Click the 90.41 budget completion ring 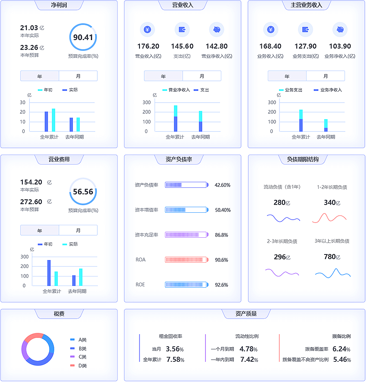[83, 37]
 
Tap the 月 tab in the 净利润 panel [78, 76]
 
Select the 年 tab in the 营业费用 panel [40, 230]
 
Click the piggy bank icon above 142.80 [217, 30]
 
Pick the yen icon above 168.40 [270, 30]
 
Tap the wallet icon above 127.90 [305, 30]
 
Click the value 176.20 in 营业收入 [148, 47]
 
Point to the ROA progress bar [186, 260]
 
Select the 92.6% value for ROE [221, 285]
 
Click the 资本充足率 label [146, 235]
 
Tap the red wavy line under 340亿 [329, 218]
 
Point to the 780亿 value [332, 257]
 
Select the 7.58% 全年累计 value [175, 360]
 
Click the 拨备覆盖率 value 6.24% [341, 349]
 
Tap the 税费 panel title [59, 314]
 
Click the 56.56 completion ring [83, 192]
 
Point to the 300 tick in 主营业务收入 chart [272, 102]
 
